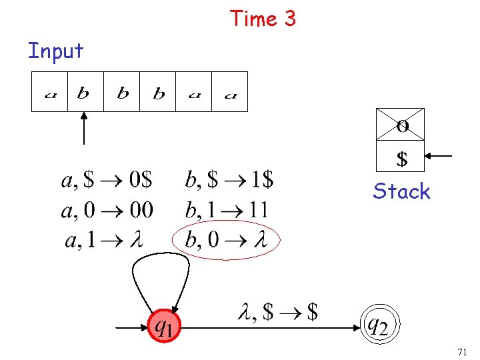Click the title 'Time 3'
click(x=263, y=19)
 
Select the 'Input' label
click(x=55, y=51)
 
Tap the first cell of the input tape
click(x=50, y=92)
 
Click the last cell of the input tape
click(x=230, y=92)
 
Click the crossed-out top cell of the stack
click(x=401, y=124)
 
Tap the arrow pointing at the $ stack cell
click(x=439, y=156)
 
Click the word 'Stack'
click(x=401, y=192)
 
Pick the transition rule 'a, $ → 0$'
click(x=107, y=180)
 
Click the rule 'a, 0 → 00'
click(x=107, y=211)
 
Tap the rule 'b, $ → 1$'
click(x=229, y=180)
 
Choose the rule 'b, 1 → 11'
click(x=227, y=211)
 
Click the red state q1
click(x=165, y=326)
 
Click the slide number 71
click(x=462, y=351)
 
